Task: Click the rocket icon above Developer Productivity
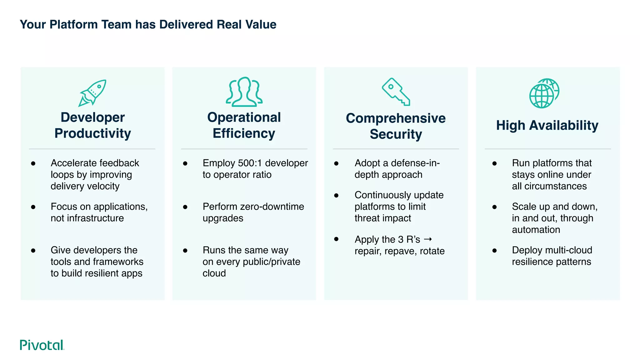pos(92,93)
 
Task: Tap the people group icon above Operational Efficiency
pos(244,92)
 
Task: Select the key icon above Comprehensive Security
pos(396,92)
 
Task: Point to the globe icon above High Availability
pos(544,93)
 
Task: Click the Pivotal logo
pos(42,345)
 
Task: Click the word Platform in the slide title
pos(73,24)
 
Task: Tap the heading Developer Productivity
pos(92,125)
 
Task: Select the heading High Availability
pos(547,125)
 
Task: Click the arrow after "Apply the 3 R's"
pos(428,239)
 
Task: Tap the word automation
pos(536,230)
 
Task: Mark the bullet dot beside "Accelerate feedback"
pos(33,163)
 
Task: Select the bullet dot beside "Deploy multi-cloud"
pos(494,251)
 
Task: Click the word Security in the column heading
pos(396,134)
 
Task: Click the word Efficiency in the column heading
pos(244,133)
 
